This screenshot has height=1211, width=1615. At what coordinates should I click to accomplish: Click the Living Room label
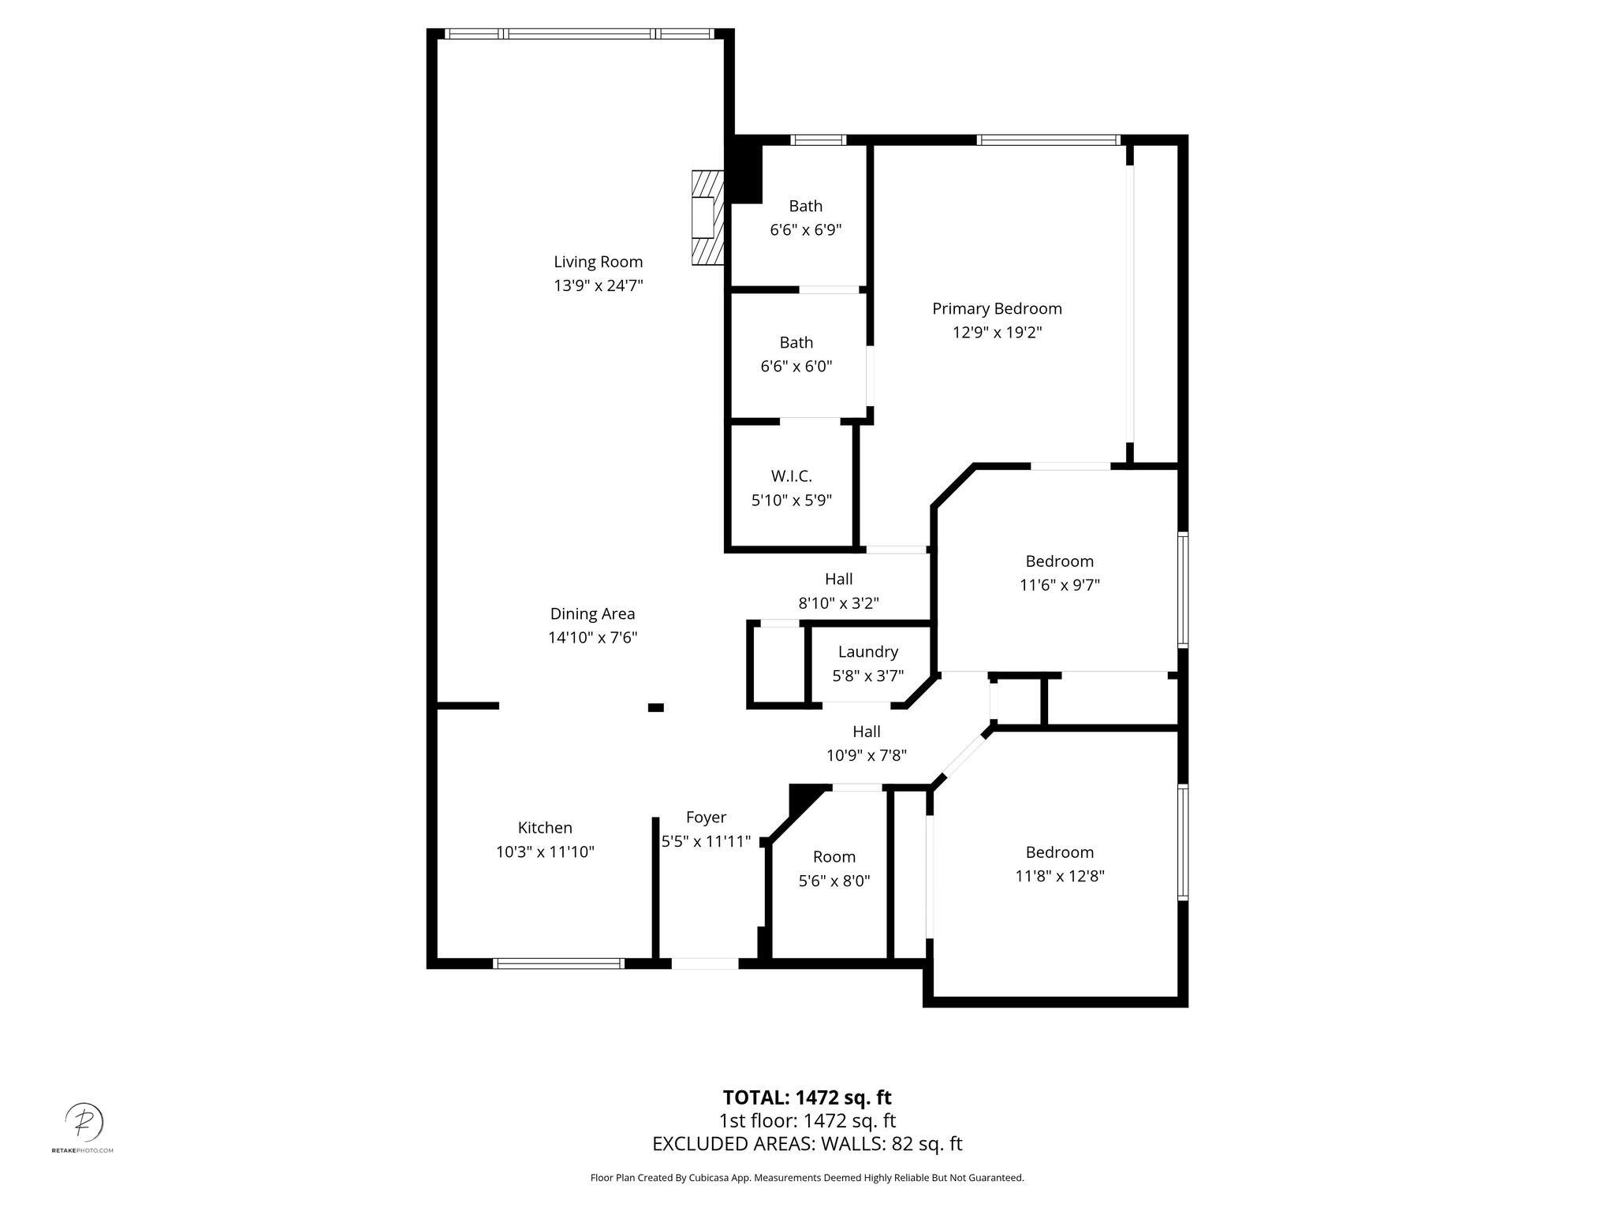[598, 262]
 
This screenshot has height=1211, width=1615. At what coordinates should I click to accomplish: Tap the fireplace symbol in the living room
[707, 218]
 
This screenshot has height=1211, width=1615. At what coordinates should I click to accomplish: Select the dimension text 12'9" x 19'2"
[997, 333]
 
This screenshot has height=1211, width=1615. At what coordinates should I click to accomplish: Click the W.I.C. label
[791, 476]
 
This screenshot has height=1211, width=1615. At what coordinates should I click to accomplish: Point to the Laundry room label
[867, 652]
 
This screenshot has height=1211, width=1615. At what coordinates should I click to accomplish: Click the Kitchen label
[545, 828]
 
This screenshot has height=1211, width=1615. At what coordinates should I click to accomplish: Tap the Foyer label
[706, 818]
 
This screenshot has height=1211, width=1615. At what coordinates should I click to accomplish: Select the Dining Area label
[592, 614]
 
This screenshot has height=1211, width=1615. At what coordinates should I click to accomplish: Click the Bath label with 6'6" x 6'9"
[805, 207]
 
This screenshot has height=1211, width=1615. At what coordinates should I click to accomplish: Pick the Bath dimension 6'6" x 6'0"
[796, 367]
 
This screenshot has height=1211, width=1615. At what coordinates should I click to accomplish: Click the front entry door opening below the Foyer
[704, 963]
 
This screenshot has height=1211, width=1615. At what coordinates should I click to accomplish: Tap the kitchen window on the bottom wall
[558, 963]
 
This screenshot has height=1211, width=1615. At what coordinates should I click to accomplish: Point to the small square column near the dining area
[655, 707]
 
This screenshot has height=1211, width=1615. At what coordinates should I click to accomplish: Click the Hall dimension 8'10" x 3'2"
[838, 604]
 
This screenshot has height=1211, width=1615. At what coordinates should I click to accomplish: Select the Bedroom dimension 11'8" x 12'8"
[1059, 876]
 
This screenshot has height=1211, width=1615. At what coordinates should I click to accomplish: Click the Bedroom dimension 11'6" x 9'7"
[1059, 585]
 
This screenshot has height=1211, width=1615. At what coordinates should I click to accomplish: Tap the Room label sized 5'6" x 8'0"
[834, 857]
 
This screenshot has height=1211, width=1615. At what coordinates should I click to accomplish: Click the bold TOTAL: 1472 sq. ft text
[807, 1097]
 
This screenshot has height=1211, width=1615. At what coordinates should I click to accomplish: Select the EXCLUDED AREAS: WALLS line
[807, 1144]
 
